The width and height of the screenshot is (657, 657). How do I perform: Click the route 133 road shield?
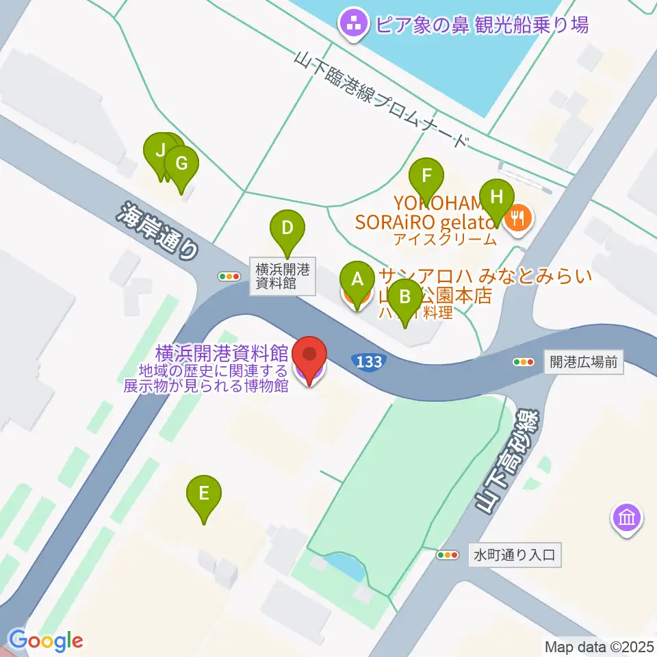click(369, 361)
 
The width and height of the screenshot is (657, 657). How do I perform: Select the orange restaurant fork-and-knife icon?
click(518, 218)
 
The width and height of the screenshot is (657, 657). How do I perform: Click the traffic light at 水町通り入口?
click(448, 554)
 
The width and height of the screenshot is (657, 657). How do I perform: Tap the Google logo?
click(45, 641)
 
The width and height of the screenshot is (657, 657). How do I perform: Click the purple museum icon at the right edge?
click(627, 518)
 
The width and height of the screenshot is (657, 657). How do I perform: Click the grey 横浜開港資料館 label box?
click(281, 276)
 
